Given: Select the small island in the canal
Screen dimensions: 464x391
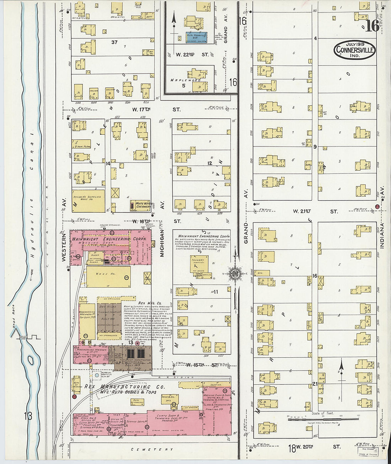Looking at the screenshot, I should pyautogui.click(x=31, y=360).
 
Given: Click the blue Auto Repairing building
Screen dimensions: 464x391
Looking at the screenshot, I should pyautogui.click(x=195, y=37).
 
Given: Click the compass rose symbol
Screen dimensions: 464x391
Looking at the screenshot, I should pyautogui.click(x=235, y=273).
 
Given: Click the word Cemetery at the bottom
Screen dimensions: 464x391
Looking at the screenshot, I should pyautogui.click(x=152, y=449).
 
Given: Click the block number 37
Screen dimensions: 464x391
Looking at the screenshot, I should pyautogui.click(x=114, y=42).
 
